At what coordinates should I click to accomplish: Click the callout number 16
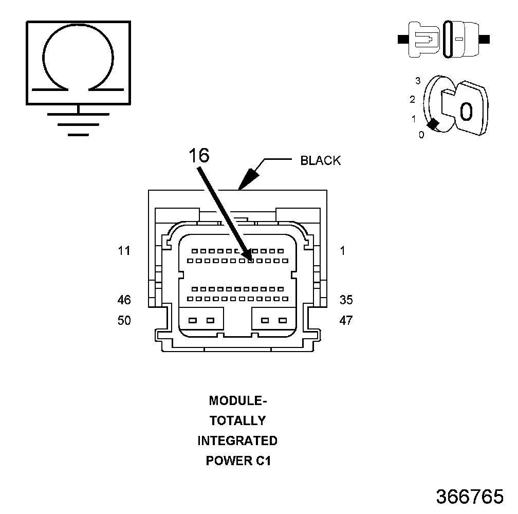(199, 155)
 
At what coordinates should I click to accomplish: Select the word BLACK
(321, 160)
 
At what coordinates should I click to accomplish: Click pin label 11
(124, 251)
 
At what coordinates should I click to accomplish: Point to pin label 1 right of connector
(343, 251)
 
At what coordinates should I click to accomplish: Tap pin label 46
(124, 300)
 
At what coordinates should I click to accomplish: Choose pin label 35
(346, 300)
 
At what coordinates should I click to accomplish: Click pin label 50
(124, 320)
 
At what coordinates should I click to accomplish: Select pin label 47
(346, 320)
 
